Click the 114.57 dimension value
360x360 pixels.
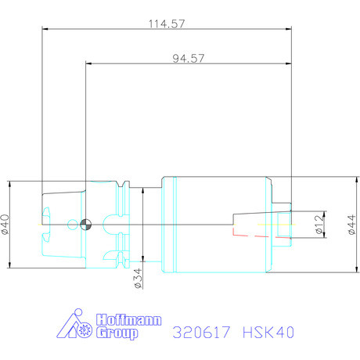(x=167, y=23)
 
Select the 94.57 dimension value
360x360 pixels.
(x=189, y=58)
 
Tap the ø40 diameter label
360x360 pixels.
(x=6, y=225)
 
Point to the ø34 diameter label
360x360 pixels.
(x=138, y=279)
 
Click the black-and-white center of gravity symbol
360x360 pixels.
(x=85, y=225)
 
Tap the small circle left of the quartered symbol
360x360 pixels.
(x=73, y=225)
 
